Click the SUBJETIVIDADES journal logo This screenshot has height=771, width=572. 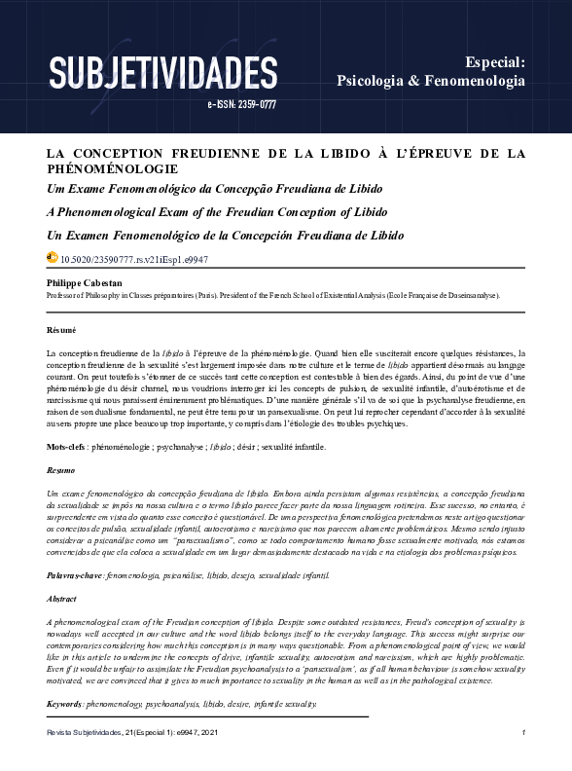coord(162,73)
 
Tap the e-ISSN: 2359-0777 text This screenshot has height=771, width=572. coord(242,104)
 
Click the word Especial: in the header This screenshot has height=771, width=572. coord(494,61)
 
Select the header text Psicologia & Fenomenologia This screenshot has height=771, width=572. coord(430,81)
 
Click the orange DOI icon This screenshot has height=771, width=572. coord(53,259)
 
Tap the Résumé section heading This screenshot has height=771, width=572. coord(61,331)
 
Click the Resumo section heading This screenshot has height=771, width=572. coord(61,470)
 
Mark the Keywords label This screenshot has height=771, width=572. coord(64,703)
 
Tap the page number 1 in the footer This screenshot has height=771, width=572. coord(523,732)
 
